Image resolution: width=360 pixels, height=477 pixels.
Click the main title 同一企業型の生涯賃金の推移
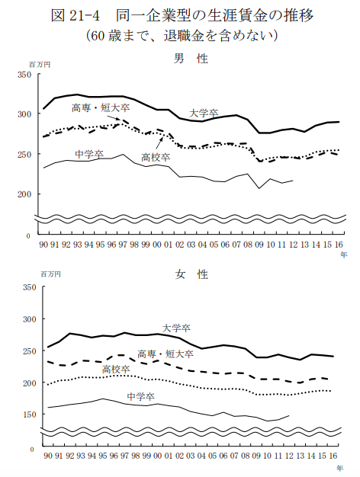(x=214, y=15)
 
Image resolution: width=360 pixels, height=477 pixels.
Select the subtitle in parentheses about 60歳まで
(x=182, y=36)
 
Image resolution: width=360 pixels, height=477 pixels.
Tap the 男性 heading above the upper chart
(x=191, y=59)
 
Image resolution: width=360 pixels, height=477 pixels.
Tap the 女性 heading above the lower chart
(x=191, y=274)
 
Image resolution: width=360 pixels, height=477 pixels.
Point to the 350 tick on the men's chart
(x=24, y=75)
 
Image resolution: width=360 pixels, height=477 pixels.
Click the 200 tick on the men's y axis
(x=24, y=194)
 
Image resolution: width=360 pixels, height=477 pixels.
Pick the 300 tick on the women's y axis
(x=29, y=319)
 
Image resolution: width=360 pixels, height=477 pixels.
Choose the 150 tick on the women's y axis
(x=29, y=415)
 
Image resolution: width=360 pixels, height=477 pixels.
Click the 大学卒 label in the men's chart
(x=204, y=114)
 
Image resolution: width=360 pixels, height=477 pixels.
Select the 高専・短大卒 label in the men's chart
(x=101, y=107)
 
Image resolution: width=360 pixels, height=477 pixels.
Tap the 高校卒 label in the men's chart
(x=156, y=157)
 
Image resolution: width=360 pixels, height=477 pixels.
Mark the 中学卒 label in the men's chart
(x=89, y=154)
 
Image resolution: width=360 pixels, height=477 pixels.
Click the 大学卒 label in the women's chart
(x=176, y=328)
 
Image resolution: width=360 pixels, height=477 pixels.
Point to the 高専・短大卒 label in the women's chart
(x=166, y=354)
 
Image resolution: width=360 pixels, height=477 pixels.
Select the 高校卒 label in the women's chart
(x=116, y=370)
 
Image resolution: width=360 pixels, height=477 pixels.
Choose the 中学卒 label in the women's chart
(x=140, y=396)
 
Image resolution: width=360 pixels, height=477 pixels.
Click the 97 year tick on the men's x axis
(x=123, y=245)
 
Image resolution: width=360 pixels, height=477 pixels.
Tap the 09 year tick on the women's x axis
(x=256, y=456)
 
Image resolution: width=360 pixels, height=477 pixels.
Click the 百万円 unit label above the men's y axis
(x=40, y=65)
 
